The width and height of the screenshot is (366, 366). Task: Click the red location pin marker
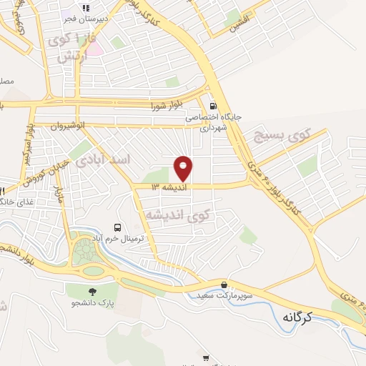click(184, 168)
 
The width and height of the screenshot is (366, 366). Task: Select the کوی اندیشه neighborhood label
click(178, 214)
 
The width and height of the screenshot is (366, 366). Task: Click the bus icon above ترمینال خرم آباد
click(117, 227)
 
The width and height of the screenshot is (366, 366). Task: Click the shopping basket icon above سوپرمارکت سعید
click(224, 285)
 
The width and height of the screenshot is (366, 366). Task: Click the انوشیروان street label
click(67, 127)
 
